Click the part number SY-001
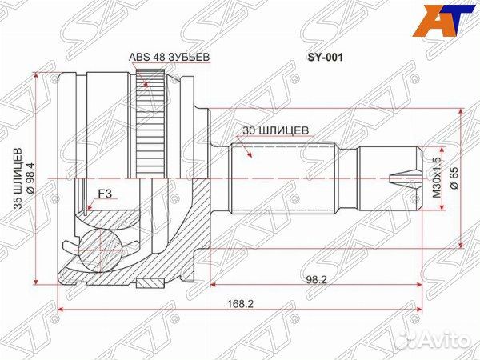[325, 58]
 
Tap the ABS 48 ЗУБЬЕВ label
[169, 57]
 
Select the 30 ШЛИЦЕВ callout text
[275, 130]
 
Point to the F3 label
[105, 194]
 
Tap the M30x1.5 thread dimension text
[436, 178]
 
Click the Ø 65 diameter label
[454, 178]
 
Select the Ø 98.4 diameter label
[31, 178]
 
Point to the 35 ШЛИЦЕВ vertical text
[18, 178]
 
